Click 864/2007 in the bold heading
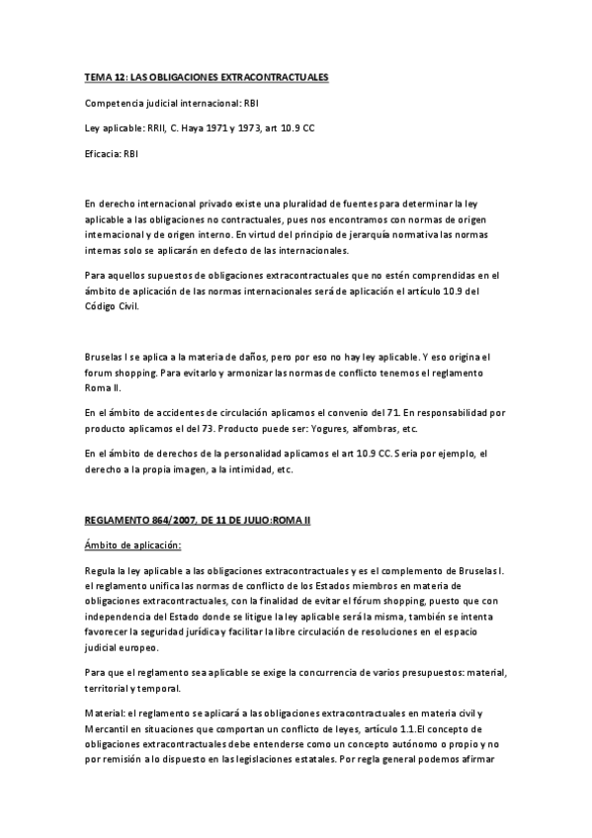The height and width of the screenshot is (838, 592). click(x=163, y=521)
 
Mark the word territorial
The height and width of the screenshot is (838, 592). click(x=108, y=688)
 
